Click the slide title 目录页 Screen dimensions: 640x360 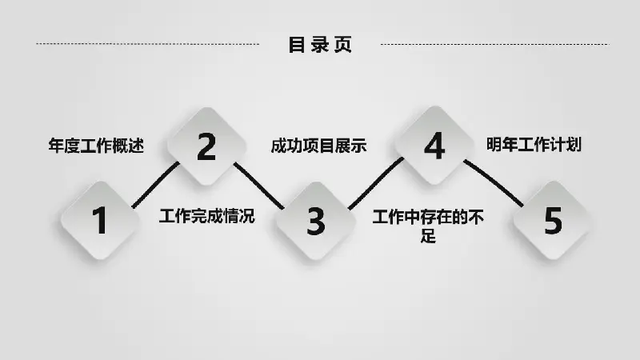pos(320,45)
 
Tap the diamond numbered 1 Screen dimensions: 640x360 pos(100,221)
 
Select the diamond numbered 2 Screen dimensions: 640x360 pos(206,146)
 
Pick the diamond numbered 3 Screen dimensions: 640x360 pos(315,221)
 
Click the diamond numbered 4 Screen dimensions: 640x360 pos(434,146)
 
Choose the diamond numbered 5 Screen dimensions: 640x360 pos(553,221)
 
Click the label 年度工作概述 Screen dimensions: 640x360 pos(96,146)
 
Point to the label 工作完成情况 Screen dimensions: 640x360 pos(207,216)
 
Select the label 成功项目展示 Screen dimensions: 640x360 pos(318,146)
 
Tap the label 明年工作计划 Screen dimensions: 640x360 pos(534,145)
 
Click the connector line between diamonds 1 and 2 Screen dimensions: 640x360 pos(155,186)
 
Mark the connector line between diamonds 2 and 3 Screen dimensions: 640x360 pos(258,186)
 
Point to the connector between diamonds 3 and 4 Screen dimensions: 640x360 pos(376,183)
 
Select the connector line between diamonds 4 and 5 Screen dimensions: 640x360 pos(494,183)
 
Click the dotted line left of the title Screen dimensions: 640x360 pos(147,44)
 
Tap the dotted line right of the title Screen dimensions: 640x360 pos(494,44)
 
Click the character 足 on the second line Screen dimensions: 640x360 pos(428,236)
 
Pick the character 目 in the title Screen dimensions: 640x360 pos(297,45)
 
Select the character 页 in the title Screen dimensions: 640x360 pos(343,45)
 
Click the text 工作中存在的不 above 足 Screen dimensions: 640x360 pos(428,217)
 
